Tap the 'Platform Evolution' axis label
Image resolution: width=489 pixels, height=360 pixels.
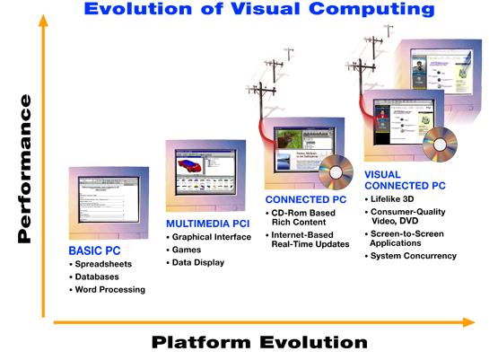coord(259,342)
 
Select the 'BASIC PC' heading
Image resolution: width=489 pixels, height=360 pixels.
coord(94,250)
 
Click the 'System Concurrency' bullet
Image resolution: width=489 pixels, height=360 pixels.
coord(415,256)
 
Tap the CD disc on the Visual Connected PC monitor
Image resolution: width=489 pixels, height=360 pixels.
coord(441,140)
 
